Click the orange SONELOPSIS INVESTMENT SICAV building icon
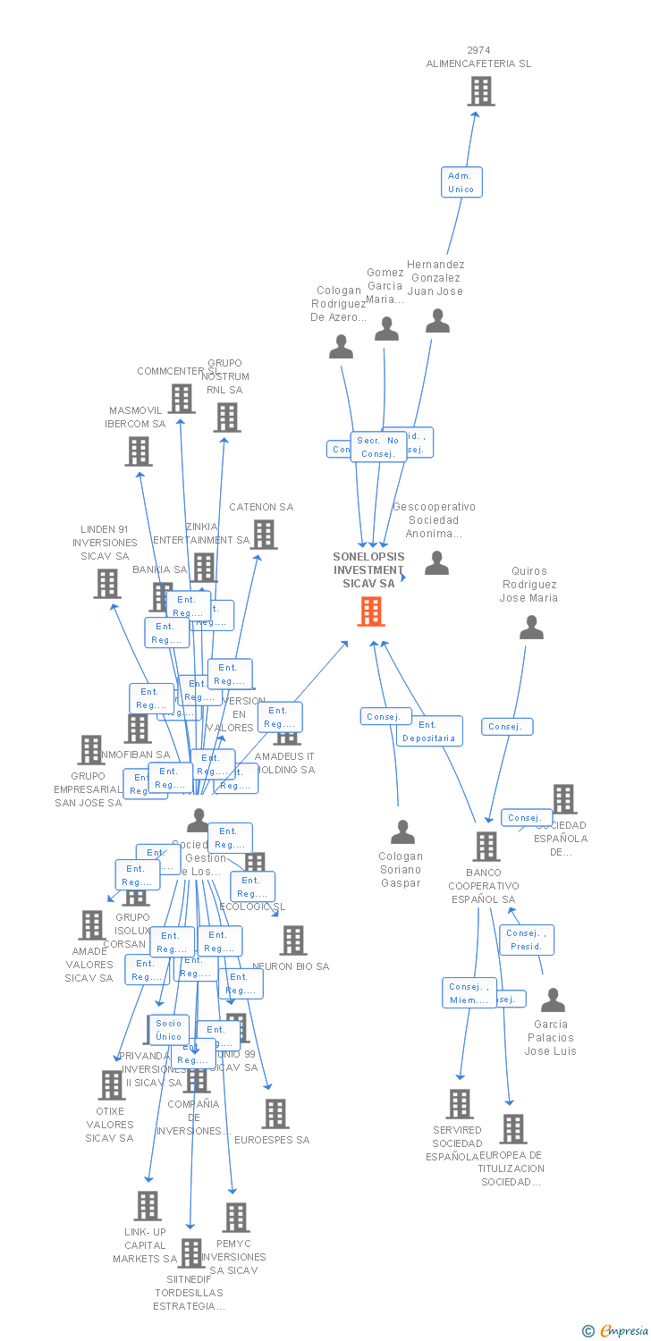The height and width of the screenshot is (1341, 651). pyautogui.click(x=371, y=611)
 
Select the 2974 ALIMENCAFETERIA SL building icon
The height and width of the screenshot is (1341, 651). pyautogui.click(x=480, y=91)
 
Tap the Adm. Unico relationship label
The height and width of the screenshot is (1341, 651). pyautogui.click(x=461, y=182)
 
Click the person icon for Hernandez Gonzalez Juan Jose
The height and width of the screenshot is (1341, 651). pyautogui.click(x=437, y=321)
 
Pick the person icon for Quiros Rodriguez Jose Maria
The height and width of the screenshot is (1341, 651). pyautogui.click(x=531, y=628)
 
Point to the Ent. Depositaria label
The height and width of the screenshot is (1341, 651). pyautogui.click(x=429, y=731)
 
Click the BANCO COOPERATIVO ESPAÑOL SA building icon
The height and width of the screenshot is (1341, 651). pyautogui.click(x=486, y=846)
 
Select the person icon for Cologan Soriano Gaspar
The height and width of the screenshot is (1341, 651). pyautogui.click(x=402, y=832)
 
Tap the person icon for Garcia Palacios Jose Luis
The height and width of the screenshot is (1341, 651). pyautogui.click(x=553, y=1000)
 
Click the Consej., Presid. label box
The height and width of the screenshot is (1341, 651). pyautogui.click(x=526, y=940)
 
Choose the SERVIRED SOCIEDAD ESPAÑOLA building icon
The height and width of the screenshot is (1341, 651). pyautogui.click(x=460, y=1104)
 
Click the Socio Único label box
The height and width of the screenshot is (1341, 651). pyautogui.click(x=168, y=1030)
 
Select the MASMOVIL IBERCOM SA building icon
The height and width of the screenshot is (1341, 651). pyautogui.click(x=139, y=451)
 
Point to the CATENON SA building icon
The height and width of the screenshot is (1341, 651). pyautogui.click(x=264, y=535)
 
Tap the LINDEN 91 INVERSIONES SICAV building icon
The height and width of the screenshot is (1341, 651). pyautogui.click(x=107, y=584)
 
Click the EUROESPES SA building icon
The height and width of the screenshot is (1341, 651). pyautogui.click(x=275, y=1114)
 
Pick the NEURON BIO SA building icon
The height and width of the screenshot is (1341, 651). pyautogui.click(x=293, y=940)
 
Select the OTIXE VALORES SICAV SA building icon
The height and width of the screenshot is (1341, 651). pyautogui.click(x=112, y=1085)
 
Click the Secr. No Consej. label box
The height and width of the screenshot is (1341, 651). pyautogui.click(x=378, y=447)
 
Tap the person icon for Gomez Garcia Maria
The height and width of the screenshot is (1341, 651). pyautogui.click(x=386, y=329)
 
